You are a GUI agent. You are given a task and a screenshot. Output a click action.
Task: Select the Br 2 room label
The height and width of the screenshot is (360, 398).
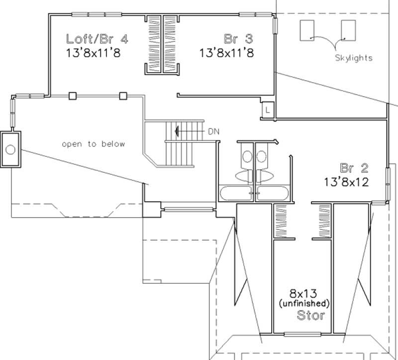click(x=354, y=167)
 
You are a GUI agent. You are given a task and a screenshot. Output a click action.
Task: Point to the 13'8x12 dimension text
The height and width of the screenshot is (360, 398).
click(x=347, y=182)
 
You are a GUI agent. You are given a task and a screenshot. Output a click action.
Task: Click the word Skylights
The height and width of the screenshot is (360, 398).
click(x=354, y=58)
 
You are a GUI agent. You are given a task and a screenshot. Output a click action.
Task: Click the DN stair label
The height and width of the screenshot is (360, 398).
click(x=213, y=131)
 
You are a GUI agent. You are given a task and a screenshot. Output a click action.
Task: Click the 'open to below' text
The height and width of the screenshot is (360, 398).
click(x=94, y=144)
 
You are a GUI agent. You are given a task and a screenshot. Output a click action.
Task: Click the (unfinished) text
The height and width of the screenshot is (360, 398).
click(x=303, y=303)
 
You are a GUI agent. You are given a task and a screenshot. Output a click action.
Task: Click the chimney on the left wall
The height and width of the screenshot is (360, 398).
click(x=10, y=150)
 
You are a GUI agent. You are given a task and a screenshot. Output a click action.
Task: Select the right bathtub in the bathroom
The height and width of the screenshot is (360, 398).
click(x=273, y=193)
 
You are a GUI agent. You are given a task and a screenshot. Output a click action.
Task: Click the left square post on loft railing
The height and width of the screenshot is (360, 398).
click(x=73, y=96)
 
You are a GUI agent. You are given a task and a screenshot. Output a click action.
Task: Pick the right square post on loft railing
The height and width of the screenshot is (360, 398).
click(x=123, y=96)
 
